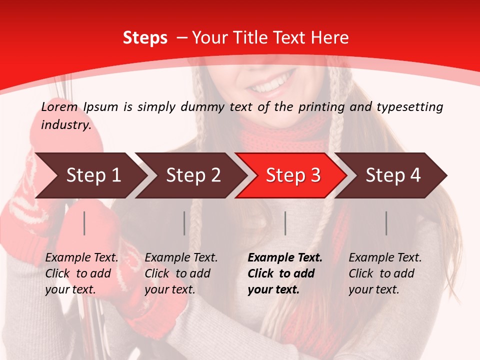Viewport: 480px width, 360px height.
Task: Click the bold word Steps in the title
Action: point(145,38)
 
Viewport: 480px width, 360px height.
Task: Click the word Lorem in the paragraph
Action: point(59,107)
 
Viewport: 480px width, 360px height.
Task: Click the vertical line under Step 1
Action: point(84,223)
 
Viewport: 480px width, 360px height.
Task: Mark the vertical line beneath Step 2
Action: point(184,223)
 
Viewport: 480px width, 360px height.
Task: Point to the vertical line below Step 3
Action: point(285,223)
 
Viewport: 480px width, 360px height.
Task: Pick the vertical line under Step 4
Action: point(386,223)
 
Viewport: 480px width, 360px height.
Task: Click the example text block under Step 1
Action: point(81,273)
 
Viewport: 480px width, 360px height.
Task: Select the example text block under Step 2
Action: point(181,273)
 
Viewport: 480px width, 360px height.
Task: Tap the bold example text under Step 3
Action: point(285,273)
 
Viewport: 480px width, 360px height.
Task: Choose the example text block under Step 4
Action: point(385,273)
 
